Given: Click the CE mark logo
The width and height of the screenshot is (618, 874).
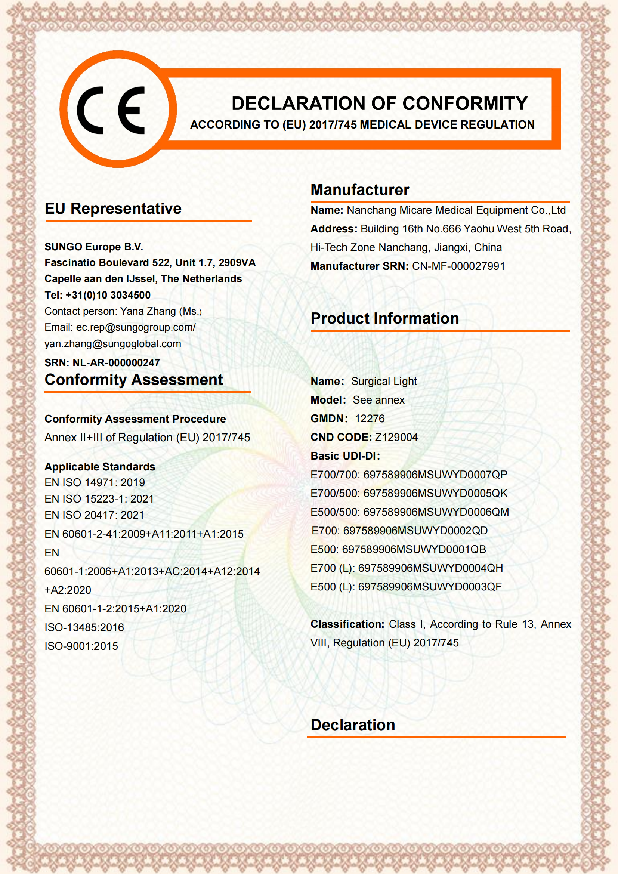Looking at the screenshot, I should [118, 109].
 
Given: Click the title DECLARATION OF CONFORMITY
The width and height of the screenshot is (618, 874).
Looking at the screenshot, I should [379, 104].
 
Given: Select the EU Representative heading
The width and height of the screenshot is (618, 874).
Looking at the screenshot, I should [113, 209].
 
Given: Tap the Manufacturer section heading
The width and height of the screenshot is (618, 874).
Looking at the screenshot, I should [359, 189].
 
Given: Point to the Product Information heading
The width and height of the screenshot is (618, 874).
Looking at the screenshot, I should [385, 318].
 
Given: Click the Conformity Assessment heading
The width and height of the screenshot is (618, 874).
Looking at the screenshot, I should [133, 380].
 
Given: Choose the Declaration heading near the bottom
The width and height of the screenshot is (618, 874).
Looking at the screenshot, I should [353, 725].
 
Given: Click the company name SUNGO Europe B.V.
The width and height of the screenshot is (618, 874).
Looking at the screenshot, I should [94, 247].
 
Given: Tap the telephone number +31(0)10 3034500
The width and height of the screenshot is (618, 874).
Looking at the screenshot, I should [108, 295].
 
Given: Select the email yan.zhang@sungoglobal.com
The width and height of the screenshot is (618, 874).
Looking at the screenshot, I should [112, 344].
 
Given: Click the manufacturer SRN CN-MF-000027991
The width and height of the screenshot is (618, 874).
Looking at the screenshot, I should [458, 266].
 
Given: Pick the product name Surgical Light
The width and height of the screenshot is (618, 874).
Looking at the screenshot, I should [384, 381].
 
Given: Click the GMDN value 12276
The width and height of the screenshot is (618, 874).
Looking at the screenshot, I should [370, 419].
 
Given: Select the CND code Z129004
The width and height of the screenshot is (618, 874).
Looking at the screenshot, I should [396, 438].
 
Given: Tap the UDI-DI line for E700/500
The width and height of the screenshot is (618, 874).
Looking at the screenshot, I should [409, 493].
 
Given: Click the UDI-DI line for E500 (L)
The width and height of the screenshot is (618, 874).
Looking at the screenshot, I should [406, 587].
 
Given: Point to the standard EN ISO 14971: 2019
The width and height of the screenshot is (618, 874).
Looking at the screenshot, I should [95, 482].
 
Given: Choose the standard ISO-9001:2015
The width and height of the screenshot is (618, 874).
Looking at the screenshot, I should [81, 646].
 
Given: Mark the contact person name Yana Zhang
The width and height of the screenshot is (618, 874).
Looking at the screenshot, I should [148, 311].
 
